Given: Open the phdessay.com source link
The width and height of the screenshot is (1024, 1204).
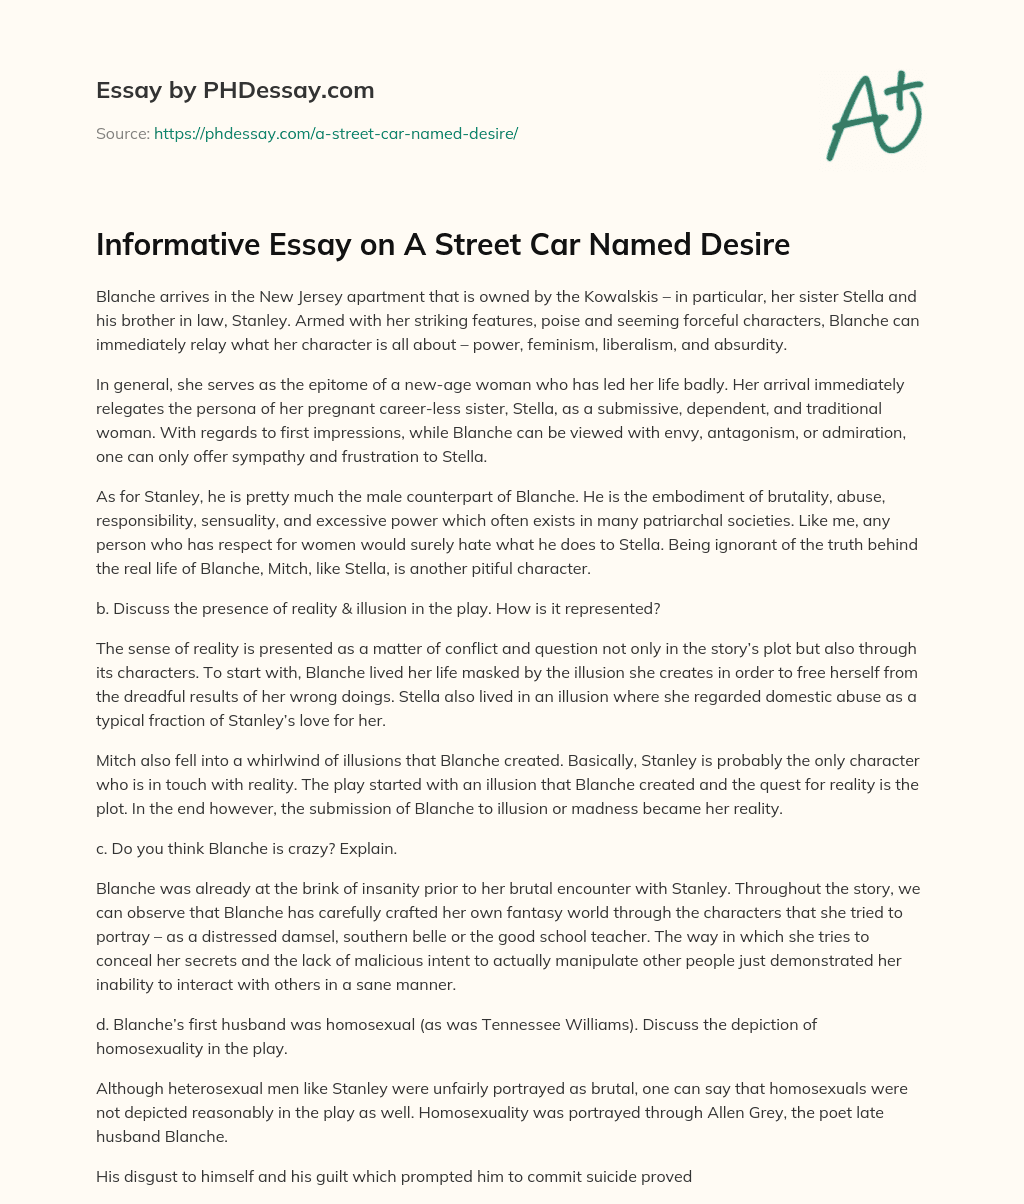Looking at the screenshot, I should tap(335, 133).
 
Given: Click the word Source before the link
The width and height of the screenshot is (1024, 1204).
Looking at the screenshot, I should tap(122, 133).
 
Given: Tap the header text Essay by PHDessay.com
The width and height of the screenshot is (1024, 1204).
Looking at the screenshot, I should tap(235, 90).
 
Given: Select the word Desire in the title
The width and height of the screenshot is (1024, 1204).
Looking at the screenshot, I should tap(740, 245).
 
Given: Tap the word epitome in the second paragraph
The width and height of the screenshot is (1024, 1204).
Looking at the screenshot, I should tap(312, 385).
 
